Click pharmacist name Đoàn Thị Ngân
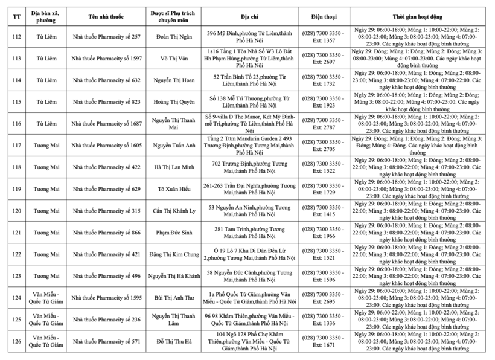tap(174, 37)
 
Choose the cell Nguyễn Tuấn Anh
tap(174, 146)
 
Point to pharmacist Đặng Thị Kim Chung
tap(174, 254)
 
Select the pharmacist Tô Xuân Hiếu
tap(174, 189)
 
